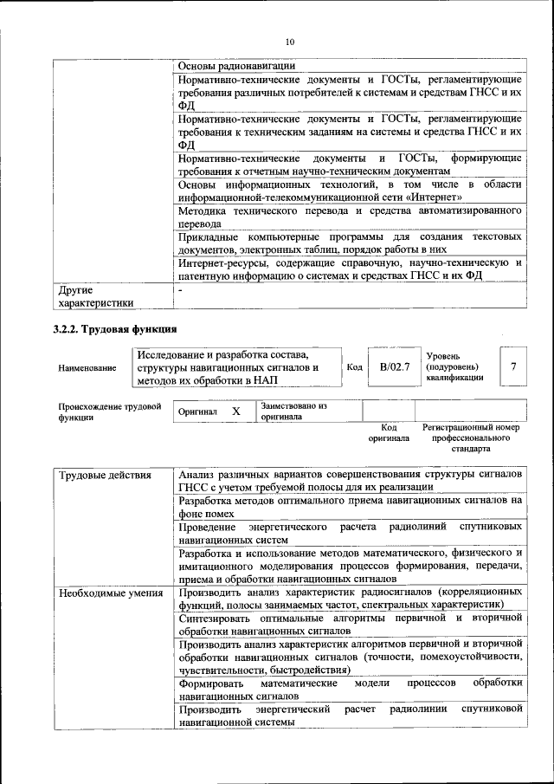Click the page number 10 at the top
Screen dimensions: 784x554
[290, 41]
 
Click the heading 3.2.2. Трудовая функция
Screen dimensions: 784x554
[115, 329]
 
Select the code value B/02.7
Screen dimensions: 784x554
[395, 367]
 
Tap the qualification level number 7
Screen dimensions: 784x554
[513, 367]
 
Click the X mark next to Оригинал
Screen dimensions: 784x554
[235, 411]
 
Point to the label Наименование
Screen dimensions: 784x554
[87, 368]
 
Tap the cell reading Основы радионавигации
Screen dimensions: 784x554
[236, 66]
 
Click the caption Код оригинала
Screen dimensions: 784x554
[389, 432]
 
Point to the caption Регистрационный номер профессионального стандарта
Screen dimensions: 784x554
[471, 438]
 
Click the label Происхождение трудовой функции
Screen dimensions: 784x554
[110, 411]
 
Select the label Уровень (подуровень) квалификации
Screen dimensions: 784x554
[455, 367]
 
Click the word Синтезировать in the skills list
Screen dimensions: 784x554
[216, 617]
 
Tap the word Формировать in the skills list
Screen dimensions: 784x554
[211, 683]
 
